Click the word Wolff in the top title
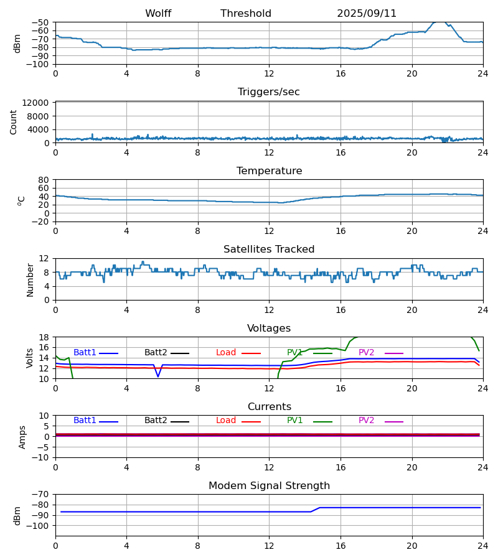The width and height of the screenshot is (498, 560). pos(158,14)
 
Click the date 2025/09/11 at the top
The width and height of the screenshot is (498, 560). pos(367,14)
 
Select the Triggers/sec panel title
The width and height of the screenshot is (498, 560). pos(269,92)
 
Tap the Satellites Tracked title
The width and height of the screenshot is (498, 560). pos(269,250)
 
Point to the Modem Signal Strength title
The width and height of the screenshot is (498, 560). pos(269,486)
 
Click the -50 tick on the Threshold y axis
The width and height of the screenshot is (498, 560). pos(42,22)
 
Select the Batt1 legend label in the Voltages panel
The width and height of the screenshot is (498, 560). pos(85,353)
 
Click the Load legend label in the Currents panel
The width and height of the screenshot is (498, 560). pos(226,421)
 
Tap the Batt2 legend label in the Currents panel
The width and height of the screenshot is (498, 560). pos(156,421)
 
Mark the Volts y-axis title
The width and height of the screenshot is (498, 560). pos(30,358)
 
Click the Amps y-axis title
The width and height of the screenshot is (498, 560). pos(22,437)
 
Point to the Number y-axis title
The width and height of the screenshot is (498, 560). pos(30,279)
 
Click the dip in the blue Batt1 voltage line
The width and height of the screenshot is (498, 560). pos(158,376)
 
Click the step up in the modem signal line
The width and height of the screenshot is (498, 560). pos(316,510)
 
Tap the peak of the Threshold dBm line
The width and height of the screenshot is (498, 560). pos(439,22)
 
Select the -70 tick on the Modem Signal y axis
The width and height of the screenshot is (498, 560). pos(42,494)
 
